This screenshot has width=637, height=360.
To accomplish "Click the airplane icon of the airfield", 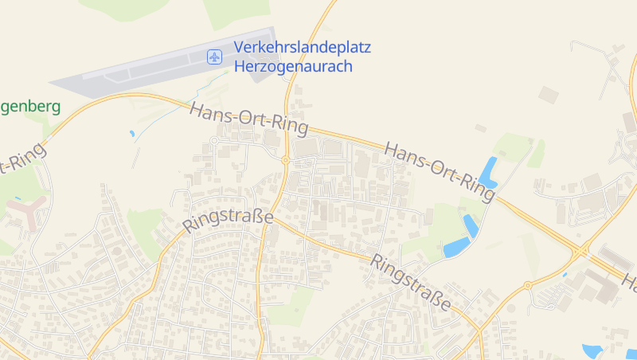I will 213,57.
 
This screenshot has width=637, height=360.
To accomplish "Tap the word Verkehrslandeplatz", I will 302,47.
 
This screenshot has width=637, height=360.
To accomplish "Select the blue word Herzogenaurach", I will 293,66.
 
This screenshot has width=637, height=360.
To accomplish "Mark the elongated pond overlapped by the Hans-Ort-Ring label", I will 488,171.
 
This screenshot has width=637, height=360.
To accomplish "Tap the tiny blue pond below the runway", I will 131,133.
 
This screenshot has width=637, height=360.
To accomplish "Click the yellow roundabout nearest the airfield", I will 285,160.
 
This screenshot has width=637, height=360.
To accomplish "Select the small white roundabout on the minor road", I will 213,140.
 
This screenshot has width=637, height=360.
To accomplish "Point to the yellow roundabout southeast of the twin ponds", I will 527,284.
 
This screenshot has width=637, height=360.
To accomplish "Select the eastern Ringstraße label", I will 410,282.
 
